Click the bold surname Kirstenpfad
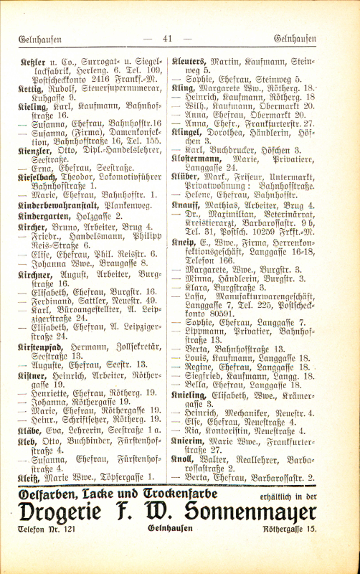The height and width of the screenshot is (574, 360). [x=40, y=345]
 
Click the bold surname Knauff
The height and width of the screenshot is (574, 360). [x=186, y=205]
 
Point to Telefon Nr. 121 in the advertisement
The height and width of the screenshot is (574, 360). [x=49, y=530]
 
